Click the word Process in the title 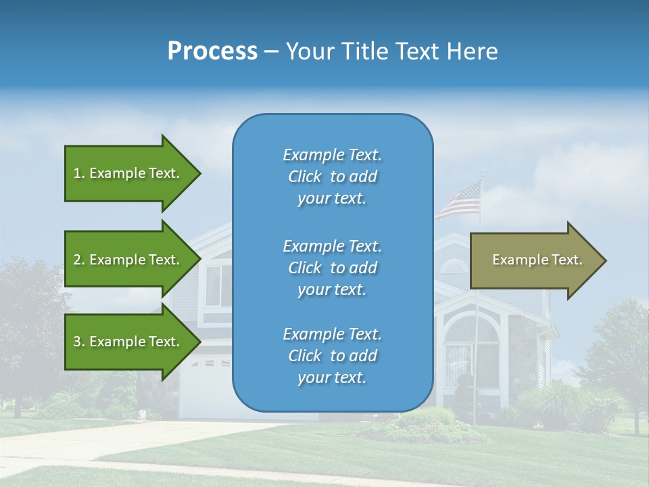pyautogui.click(x=212, y=51)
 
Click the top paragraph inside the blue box pyautogui.click(x=332, y=177)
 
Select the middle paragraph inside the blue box pyautogui.click(x=332, y=268)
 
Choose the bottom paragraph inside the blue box pyautogui.click(x=332, y=356)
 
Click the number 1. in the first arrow pyautogui.click(x=79, y=173)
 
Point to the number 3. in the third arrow pyautogui.click(x=79, y=342)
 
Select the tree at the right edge pyautogui.click(x=619, y=352)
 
